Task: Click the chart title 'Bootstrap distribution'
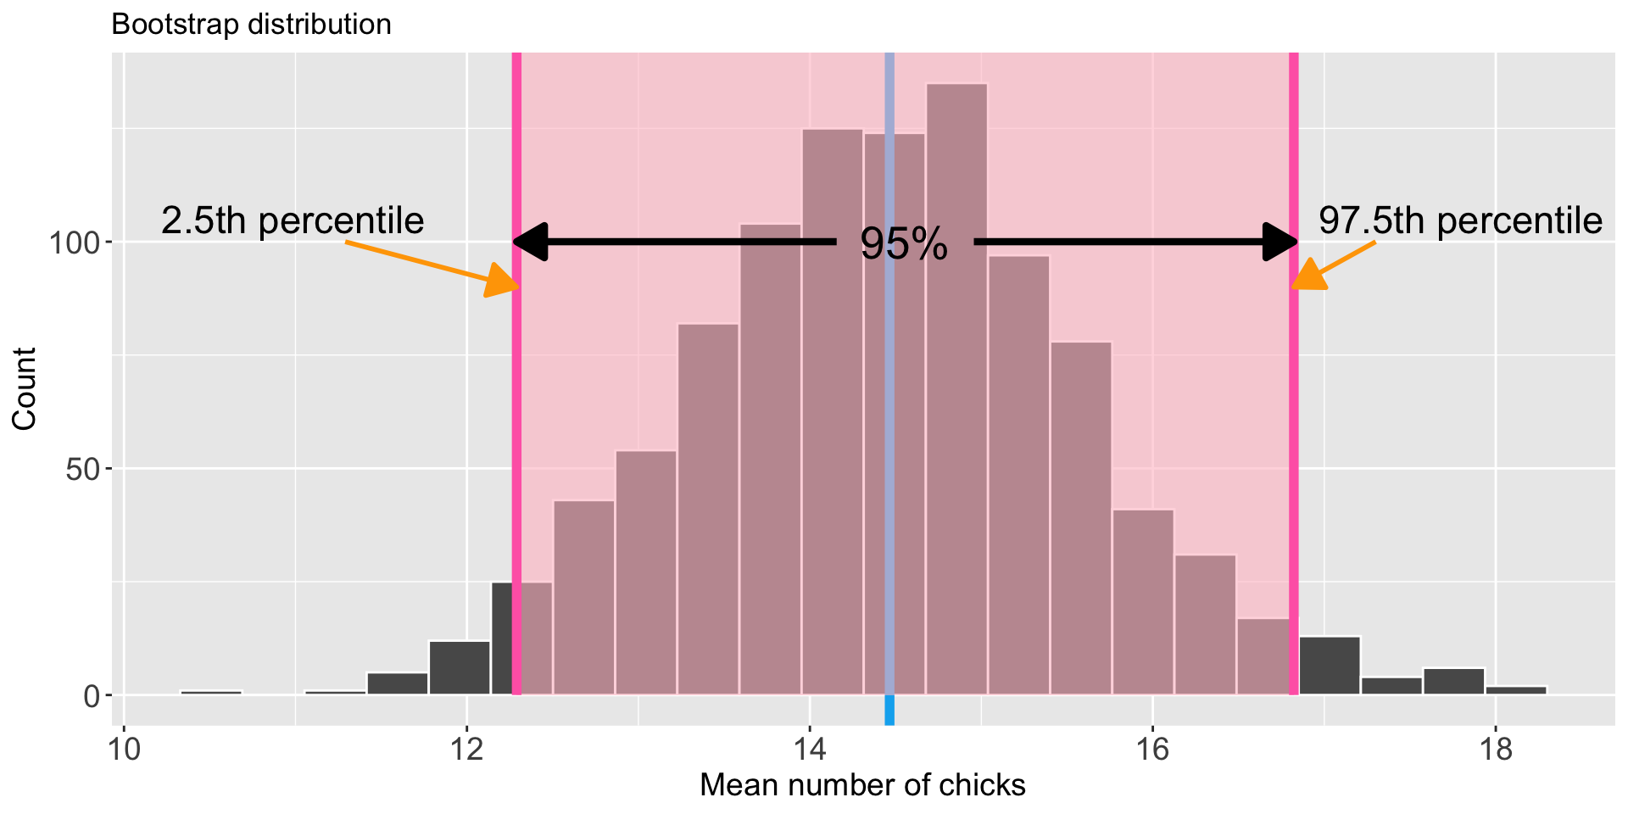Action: (x=251, y=25)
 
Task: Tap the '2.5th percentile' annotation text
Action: (x=292, y=221)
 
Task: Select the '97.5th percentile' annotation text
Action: (x=1460, y=221)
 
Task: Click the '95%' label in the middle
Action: (x=904, y=245)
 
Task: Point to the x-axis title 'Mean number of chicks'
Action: (x=862, y=785)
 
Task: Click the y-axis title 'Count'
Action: (x=25, y=388)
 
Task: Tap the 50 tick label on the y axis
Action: (x=83, y=470)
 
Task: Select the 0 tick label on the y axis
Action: (x=92, y=696)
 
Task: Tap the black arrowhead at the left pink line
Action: (x=531, y=243)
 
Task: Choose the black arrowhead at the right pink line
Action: (x=1279, y=243)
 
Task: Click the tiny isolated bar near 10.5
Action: (x=211, y=693)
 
